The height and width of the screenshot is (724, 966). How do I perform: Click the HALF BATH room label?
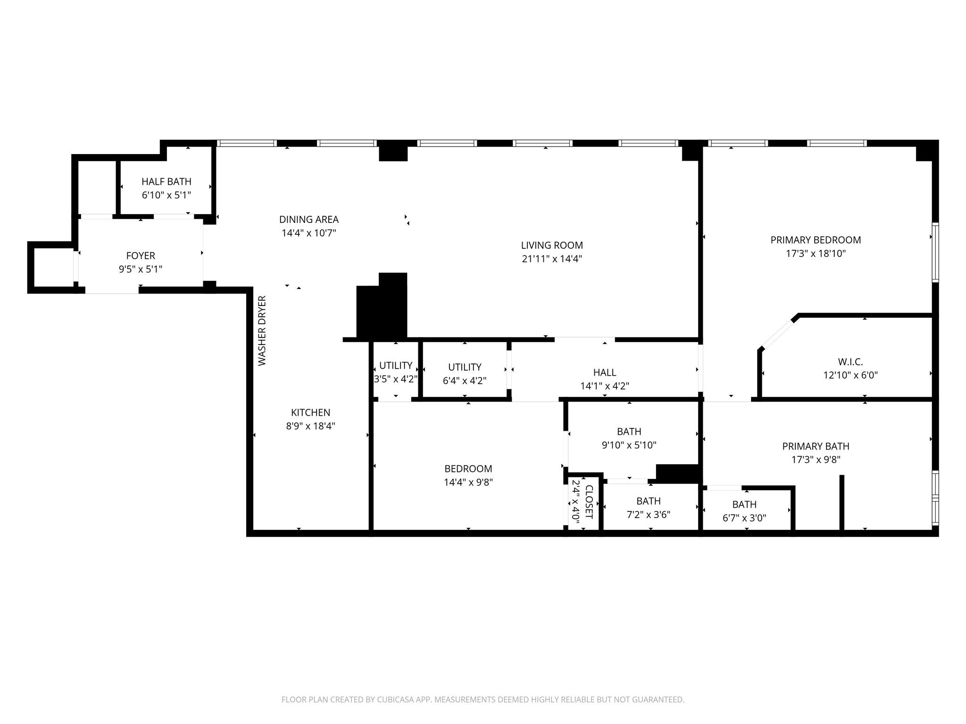pyautogui.click(x=167, y=181)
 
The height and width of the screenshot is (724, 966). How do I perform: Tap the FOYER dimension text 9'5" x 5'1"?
pyautogui.click(x=141, y=269)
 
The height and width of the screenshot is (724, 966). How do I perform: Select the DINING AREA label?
pyautogui.click(x=309, y=219)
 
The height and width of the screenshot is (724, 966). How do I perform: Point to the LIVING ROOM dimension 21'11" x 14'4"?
pyautogui.click(x=552, y=259)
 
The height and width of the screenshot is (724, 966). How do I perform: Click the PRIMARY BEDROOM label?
pyautogui.click(x=816, y=240)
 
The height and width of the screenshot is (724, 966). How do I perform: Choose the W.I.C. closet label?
pyautogui.click(x=850, y=362)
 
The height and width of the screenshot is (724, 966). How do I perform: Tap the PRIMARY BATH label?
pyautogui.click(x=816, y=446)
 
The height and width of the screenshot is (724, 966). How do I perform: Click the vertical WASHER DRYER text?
pyautogui.click(x=262, y=330)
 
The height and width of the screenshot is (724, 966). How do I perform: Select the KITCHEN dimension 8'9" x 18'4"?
pyautogui.click(x=311, y=426)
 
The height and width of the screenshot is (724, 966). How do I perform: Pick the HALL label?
pyautogui.click(x=605, y=372)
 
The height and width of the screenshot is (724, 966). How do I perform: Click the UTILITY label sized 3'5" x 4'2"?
pyautogui.click(x=396, y=365)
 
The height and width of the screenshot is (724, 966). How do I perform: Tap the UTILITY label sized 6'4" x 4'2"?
pyautogui.click(x=465, y=367)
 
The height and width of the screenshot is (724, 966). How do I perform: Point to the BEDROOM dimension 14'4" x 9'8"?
pyautogui.click(x=468, y=482)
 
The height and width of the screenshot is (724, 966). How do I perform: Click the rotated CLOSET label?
pyautogui.click(x=589, y=502)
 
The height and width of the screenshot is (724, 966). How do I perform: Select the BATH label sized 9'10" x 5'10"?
pyautogui.click(x=629, y=431)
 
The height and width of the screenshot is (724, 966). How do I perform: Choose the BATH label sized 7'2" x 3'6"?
pyautogui.click(x=649, y=501)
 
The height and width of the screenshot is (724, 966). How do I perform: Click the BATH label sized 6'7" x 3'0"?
pyautogui.click(x=744, y=504)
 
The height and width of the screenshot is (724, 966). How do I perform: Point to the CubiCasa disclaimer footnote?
pyautogui.click(x=483, y=699)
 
